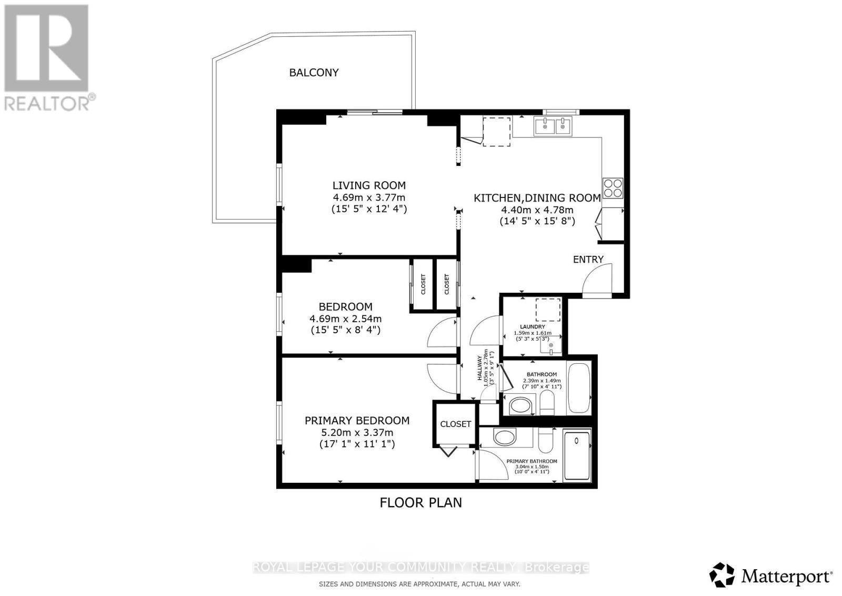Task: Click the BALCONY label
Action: click(314, 73)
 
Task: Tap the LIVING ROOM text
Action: click(369, 185)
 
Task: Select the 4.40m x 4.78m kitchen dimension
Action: click(537, 210)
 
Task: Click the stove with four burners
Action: click(613, 188)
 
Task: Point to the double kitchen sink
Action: click(553, 126)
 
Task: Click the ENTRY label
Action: click(588, 259)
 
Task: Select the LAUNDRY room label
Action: click(532, 326)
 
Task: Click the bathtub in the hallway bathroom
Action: click(579, 389)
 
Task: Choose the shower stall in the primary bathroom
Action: click(577, 455)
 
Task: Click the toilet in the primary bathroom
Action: click(545, 440)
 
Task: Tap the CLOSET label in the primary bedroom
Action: click(456, 424)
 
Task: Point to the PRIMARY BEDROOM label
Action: click(357, 420)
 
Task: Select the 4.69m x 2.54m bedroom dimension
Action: click(345, 319)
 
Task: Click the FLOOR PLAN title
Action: click(420, 502)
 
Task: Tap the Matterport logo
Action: click(771, 575)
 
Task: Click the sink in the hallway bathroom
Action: click(521, 406)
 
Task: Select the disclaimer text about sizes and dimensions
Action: click(419, 584)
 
